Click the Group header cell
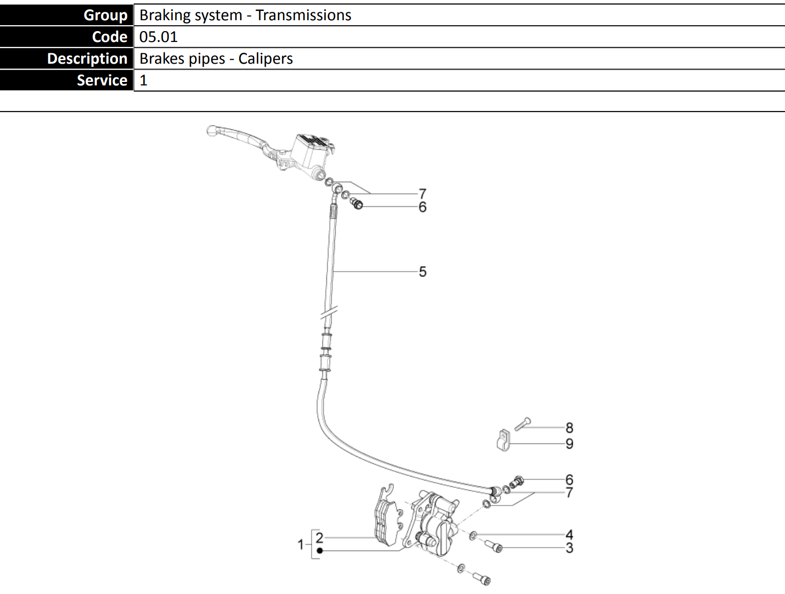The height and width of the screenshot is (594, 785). (x=67, y=15)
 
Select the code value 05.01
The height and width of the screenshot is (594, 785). (x=158, y=37)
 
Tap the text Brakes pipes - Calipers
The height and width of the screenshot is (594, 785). (x=216, y=59)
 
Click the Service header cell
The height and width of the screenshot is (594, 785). (x=67, y=80)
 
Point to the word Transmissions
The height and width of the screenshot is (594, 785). (x=303, y=15)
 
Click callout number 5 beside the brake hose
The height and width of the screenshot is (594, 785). (x=423, y=272)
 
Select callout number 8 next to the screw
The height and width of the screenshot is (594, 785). (x=569, y=428)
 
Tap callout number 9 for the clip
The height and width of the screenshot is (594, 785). (x=569, y=443)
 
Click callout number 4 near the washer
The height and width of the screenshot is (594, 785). (x=569, y=534)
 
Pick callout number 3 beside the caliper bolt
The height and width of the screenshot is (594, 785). (x=569, y=548)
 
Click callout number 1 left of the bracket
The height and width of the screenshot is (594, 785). (x=300, y=545)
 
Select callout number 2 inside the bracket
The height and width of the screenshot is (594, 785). (x=319, y=537)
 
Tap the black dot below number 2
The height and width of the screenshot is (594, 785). (x=320, y=551)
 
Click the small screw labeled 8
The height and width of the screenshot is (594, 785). (x=522, y=424)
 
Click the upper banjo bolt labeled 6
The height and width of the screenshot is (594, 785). (x=357, y=203)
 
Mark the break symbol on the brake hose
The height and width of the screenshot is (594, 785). (x=329, y=313)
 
